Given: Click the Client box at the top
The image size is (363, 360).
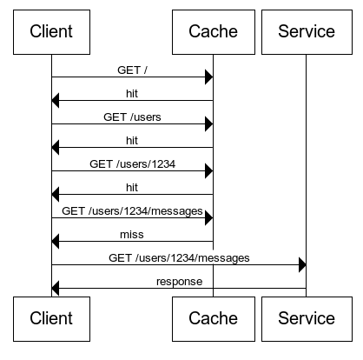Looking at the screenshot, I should point(51,32).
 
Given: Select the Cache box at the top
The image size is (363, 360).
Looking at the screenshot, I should point(213,32).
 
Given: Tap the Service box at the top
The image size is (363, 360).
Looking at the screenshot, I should point(306,32).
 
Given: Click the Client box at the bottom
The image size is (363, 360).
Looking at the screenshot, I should point(51,318).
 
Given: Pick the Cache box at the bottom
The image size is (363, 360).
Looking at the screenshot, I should point(213,318).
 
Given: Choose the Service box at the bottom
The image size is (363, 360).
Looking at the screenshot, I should point(306,318).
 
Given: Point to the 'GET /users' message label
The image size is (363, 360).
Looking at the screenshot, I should point(132,116).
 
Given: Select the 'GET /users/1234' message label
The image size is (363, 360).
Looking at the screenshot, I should point(132,163).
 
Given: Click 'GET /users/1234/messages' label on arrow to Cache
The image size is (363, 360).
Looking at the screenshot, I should point(132,210).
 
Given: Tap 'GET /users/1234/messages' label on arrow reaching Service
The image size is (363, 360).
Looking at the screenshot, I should point(179,257).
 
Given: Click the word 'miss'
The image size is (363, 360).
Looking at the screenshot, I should point(132,234).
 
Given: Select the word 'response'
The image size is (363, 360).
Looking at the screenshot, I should point(179,281).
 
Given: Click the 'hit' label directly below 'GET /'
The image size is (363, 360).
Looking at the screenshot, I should point(132,92).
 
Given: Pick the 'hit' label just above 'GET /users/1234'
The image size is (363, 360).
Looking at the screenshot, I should point(132,139).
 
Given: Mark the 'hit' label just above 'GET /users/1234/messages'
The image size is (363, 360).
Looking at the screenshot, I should point(132,186).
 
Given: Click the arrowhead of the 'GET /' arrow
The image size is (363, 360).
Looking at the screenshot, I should point(208,77).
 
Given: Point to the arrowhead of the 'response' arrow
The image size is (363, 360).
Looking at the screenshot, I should point(56,289).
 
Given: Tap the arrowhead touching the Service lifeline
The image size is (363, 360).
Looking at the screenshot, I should point(301,265).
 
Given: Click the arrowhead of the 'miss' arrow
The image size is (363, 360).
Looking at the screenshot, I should point(56,242).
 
